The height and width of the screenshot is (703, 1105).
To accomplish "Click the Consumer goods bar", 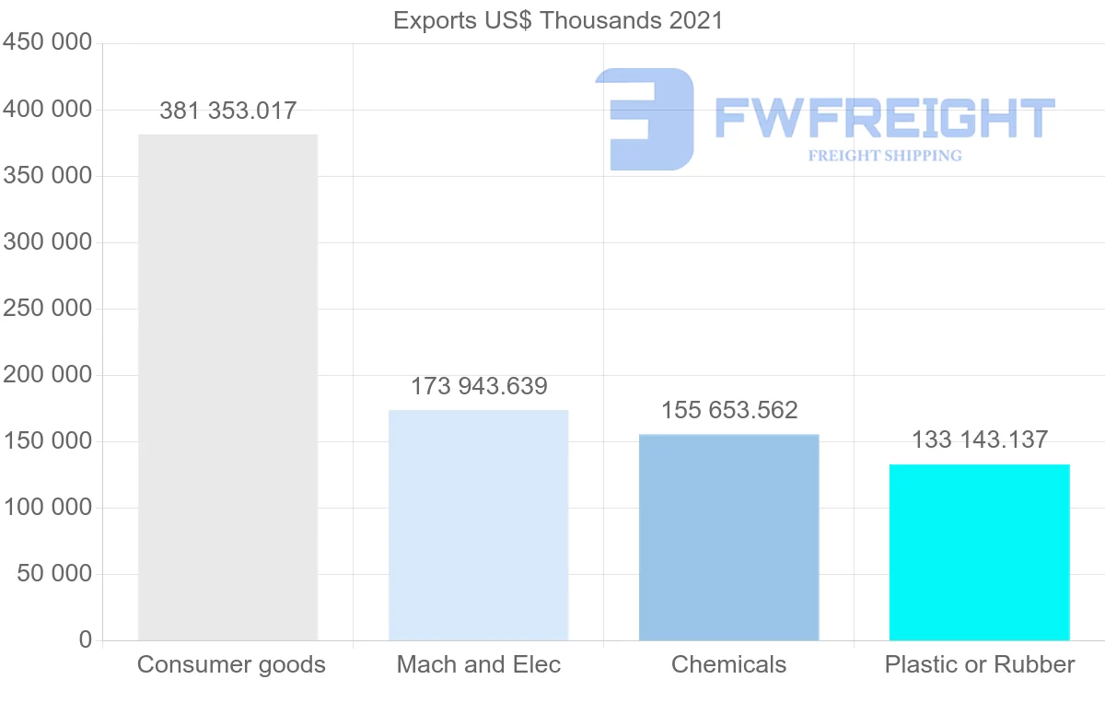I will click(227, 387).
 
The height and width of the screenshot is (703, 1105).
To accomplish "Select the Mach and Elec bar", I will click(478, 525).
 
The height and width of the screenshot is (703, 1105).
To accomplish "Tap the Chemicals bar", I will click(728, 537).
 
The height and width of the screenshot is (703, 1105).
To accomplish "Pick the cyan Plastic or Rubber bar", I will click(979, 552).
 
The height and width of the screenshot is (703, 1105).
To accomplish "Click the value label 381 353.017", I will click(227, 111).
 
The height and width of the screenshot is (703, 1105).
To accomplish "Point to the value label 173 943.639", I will click(479, 386).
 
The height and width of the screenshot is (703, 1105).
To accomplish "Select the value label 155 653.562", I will click(729, 410).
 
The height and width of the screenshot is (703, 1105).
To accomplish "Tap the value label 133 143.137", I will click(980, 439).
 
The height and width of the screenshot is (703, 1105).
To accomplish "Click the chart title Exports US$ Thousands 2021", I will click(558, 20).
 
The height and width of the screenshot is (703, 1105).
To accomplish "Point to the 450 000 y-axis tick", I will click(48, 43).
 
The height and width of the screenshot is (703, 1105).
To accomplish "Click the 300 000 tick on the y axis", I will click(48, 242).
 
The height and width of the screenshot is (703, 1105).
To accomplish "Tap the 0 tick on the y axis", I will click(86, 640).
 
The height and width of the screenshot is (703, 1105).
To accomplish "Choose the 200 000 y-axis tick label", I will click(48, 375).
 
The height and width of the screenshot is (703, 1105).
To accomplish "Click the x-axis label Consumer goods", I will click(231, 664).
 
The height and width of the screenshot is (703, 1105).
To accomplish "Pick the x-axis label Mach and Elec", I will click(479, 664).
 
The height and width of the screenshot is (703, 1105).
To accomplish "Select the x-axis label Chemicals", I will click(729, 664).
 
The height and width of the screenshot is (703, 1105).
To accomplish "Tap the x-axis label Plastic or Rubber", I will click(980, 664).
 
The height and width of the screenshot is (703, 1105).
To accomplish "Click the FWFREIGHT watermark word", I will click(884, 118).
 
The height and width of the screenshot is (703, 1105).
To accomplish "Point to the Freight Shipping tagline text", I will click(885, 156).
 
